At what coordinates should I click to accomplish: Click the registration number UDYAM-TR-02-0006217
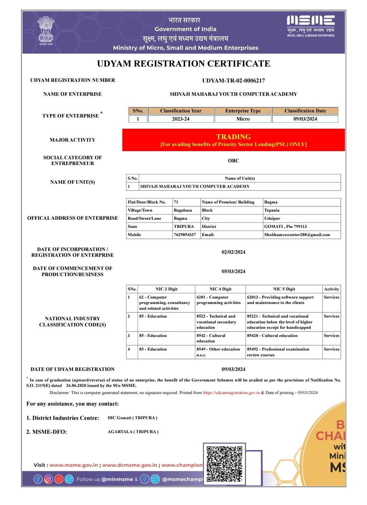[233, 80]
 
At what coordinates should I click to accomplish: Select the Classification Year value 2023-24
[180, 119]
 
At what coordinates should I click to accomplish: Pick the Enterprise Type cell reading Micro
[243, 119]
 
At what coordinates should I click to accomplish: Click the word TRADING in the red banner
[233, 137]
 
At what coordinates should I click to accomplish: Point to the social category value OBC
[233, 161]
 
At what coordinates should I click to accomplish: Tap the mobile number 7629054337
[185, 235]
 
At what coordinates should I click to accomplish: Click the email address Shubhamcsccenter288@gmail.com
[297, 235]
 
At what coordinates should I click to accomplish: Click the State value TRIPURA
[184, 227]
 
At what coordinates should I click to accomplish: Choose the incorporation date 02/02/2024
[233, 252]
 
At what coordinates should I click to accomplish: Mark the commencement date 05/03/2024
[233, 271]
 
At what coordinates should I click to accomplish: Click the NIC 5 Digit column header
[284, 289]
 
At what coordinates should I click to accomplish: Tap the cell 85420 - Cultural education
[272, 336]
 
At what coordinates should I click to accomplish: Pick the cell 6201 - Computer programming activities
[219, 300]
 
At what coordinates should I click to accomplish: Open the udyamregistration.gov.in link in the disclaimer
[231, 393]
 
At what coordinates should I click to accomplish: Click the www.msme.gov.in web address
[74, 465]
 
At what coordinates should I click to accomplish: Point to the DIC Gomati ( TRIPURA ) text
[133, 418]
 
